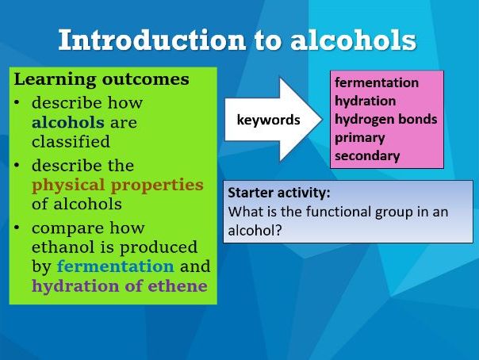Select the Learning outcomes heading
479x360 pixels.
pos(102,79)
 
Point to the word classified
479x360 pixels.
pos(71,141)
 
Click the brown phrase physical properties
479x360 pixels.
pos(117,184)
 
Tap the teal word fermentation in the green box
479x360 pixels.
pos(115,266)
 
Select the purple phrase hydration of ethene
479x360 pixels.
pos(119,285)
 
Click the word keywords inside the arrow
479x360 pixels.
pos(269,121)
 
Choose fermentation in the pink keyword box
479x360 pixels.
pos(377,83)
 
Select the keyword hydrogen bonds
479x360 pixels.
pos(385,120)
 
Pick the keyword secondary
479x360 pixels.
pos(367,156)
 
